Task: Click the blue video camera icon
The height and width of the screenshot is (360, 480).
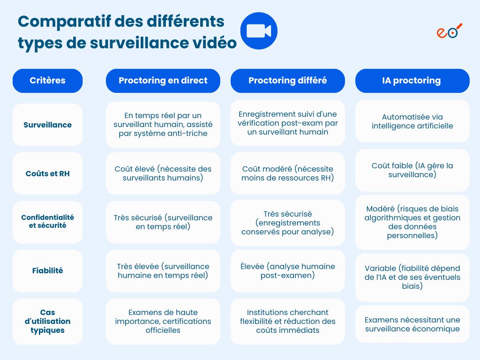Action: [259, 31]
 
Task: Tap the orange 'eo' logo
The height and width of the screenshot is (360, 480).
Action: [449, 31]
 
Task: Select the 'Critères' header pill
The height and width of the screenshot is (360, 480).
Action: [47, 81]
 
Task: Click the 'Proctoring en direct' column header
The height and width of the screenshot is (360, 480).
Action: [163, 81]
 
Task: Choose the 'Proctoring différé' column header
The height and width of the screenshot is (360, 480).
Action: [287, 81]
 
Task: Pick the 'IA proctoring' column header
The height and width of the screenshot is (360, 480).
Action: [412, 81]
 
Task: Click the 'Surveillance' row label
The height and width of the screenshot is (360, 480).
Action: [47, 125]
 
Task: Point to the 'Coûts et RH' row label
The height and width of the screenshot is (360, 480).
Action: [47, 173]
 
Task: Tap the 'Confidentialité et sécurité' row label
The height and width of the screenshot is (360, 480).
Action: [47, 222]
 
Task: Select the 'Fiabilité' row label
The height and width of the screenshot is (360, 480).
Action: [47, 270]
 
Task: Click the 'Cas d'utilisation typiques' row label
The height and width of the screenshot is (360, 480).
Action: [47, 321]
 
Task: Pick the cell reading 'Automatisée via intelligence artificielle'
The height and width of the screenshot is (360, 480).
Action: [412, 121]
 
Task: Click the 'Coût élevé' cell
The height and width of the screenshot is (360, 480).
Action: [163, 173]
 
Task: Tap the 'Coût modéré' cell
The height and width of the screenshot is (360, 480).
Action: [287, 173]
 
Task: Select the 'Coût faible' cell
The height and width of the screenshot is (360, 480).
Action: [412, 170]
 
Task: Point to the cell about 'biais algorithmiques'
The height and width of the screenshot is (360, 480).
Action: [412, 222]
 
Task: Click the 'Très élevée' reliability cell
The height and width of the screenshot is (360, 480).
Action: [163, 271]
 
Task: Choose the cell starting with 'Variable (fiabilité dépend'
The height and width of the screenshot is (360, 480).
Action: [412, 277]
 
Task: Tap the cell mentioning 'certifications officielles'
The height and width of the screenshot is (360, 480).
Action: [163, 321]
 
